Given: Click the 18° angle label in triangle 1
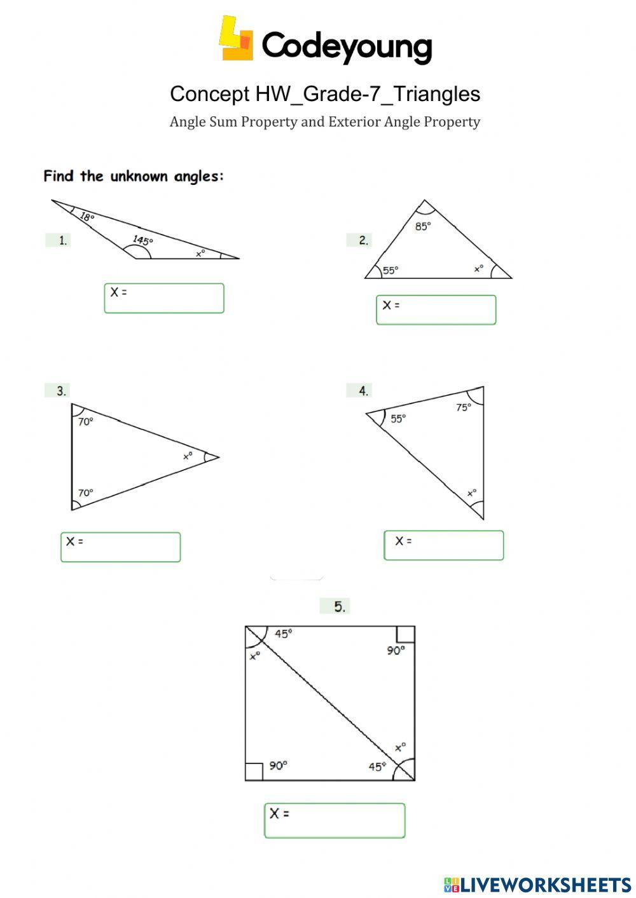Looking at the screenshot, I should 87,217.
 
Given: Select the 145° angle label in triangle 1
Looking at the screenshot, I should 142,240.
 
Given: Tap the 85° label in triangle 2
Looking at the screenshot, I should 423,226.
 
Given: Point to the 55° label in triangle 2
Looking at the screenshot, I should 391,270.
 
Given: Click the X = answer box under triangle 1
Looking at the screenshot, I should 164,298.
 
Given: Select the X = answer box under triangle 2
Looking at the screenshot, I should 436,310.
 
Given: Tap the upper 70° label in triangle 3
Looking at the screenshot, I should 86,421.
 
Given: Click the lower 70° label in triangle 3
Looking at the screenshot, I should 86,493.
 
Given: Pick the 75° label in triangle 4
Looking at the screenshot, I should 464,407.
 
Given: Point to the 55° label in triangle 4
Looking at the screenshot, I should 398,418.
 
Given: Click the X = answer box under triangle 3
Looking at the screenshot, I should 120,547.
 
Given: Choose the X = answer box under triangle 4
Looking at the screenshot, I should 443,545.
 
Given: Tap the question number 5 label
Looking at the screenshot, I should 340,606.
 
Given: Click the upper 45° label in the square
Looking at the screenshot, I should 284,634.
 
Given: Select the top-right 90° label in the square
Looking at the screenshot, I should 396,650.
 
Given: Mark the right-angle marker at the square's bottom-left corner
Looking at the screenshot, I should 254,772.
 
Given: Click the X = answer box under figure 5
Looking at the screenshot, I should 335,820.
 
